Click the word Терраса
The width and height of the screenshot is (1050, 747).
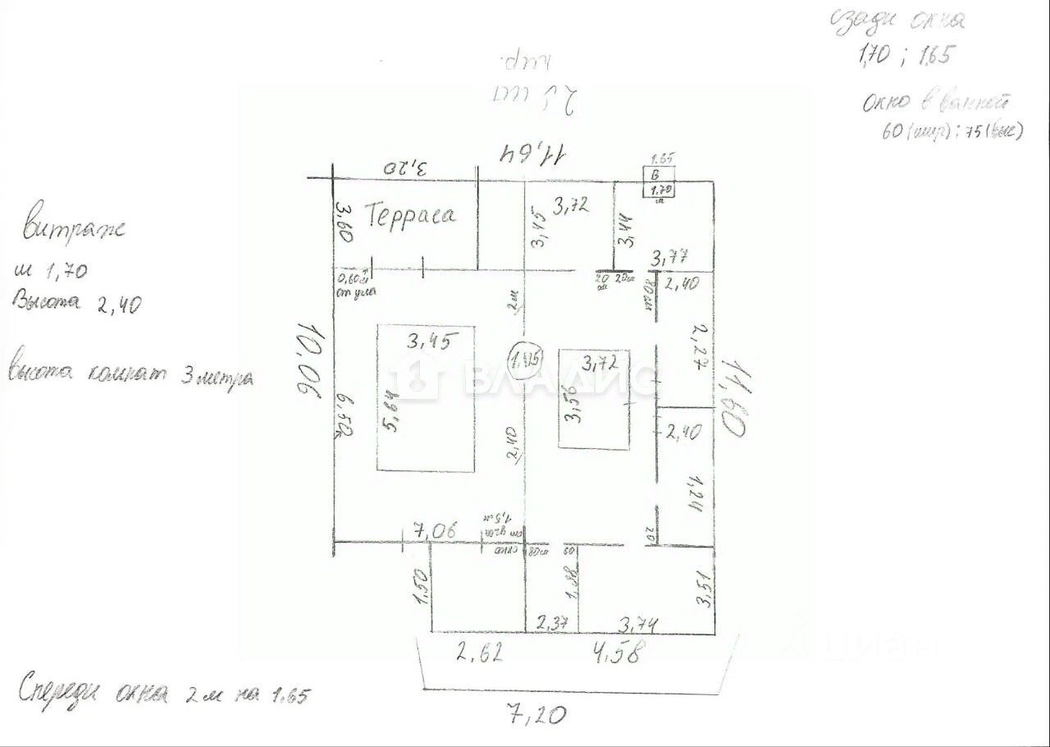[411, 216]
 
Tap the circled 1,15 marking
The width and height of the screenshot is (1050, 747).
[524, 359]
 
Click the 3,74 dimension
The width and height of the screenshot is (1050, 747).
[641, 624]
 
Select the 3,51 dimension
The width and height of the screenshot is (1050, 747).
[703, 589]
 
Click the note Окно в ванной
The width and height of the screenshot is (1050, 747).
[935, 103]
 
